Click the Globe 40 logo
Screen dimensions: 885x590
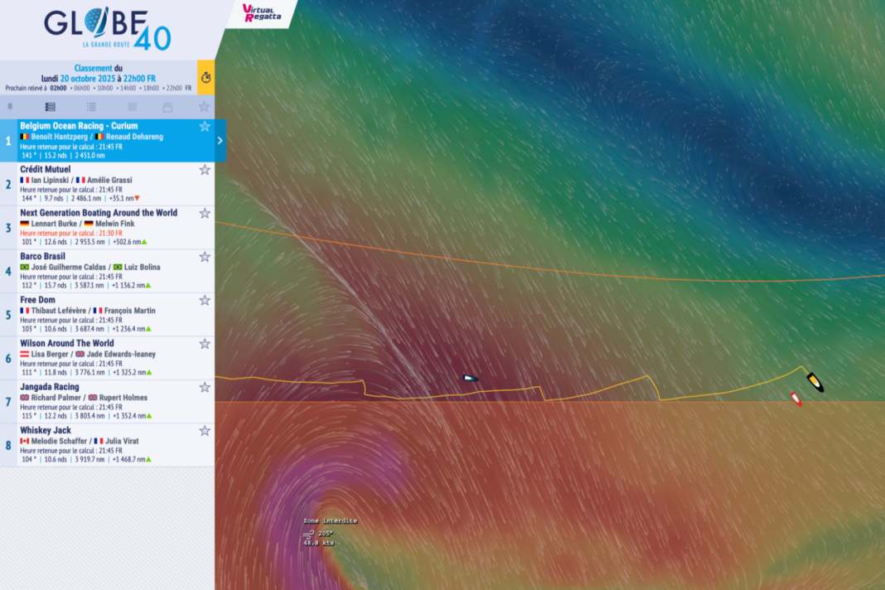coord(107,28)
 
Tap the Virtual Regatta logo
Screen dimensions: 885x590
coord(262,12)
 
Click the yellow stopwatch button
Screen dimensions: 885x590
coord(206,77)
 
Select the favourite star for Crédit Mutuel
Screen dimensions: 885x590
coord(205,170)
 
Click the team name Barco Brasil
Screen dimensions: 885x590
coord(42,256)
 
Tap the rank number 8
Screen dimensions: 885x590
coord(8,445)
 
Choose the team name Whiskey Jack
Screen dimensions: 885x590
coord(46,430)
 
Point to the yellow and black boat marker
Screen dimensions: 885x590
coord(815,382)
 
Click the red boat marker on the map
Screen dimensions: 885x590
coord(796,399)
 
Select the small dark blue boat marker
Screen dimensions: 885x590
coord(470,378)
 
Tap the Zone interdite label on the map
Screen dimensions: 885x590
coord(330,520)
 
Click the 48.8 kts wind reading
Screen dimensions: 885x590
coord(318,543)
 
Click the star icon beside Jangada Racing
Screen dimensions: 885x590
coord(205,387)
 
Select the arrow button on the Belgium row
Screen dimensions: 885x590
coord(220,140)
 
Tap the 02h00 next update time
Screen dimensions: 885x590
coord(58,88)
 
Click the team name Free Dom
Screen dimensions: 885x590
coord(37,300)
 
